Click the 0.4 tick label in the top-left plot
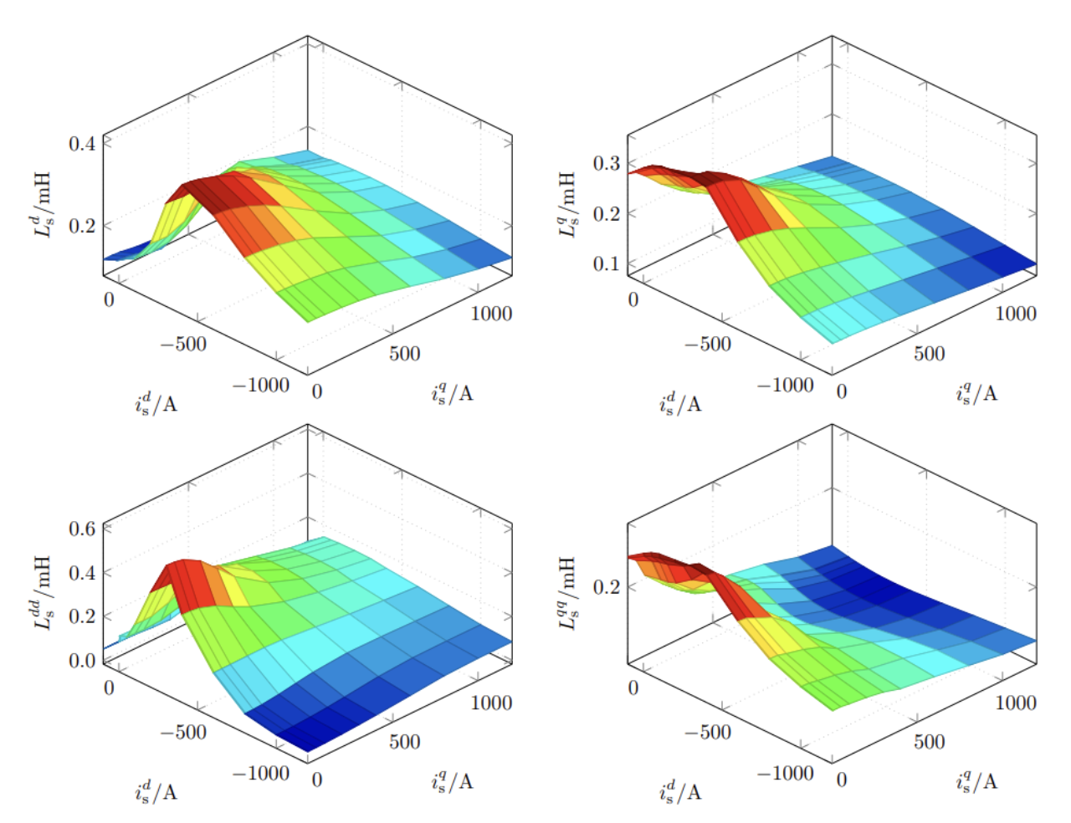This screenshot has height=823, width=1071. (81, 143)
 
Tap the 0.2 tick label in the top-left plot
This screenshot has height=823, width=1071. (81, 225)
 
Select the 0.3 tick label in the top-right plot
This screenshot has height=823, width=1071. (606, 163)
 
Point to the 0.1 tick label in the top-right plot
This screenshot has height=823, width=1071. (606, 263)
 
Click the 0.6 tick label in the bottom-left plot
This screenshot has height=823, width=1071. (81, 529)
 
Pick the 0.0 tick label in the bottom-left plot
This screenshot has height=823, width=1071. (81, 661)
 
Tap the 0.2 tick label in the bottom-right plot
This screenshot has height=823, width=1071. (606, 586)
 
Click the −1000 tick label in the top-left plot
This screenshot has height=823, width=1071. (261, 385)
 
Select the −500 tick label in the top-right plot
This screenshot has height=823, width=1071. (707, 344)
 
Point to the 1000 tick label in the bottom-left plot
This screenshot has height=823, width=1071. (491, 703)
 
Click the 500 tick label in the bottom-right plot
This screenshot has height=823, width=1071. (929, 742)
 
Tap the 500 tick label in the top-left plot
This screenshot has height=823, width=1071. (404, 354)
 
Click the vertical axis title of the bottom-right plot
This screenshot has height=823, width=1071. (567, 592)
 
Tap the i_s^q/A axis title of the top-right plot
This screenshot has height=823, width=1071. (976, 394)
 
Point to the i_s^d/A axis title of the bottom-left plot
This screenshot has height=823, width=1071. (156, 792)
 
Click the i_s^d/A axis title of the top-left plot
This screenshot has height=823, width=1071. (156, 404)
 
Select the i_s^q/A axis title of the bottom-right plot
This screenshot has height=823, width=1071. (976, 782)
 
